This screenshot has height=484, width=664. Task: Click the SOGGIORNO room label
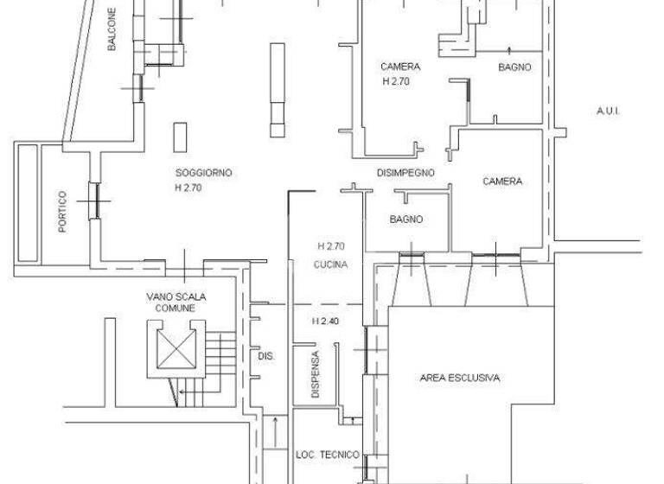[x=203, y=173]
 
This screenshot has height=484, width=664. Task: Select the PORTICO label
[x=62, y=212]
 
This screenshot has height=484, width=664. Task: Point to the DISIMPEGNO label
[x=405, y=173]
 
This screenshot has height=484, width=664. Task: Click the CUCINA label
[x=331, y=265]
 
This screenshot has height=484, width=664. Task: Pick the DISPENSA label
[x=316, y=374]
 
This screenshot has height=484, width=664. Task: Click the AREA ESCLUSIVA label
[x=460, y=378]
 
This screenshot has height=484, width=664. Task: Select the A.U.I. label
[x=609, y=111]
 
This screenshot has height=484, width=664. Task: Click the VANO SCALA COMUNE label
[x=176, y=302]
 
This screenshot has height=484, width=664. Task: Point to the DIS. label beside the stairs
[x=265, y=355]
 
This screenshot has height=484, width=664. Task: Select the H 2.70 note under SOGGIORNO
[x=188, y=188]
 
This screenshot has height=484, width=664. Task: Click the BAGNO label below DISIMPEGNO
[x=405, y=220]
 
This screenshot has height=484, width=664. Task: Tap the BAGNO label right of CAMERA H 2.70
[x=514, y=67]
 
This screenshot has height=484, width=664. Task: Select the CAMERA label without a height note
[x=501, y=181]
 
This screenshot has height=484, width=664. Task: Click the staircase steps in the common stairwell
[x=222, y=353]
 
